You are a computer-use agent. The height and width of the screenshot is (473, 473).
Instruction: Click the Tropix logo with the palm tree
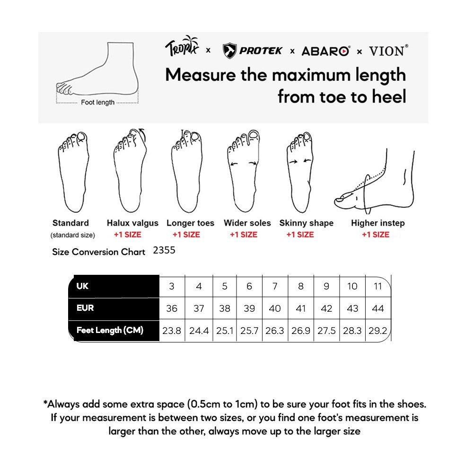(183, 47)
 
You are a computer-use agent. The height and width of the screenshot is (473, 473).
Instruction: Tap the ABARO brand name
(325, 51)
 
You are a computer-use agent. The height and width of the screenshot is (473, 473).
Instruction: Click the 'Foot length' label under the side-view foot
(97, 102)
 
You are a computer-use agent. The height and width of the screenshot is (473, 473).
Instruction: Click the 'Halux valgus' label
(132, 223)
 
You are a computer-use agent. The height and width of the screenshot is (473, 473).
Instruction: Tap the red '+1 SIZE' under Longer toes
(186, 235)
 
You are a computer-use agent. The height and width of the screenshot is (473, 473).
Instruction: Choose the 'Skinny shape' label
(306, 223)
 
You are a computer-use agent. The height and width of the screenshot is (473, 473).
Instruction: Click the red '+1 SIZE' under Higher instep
(376, 235)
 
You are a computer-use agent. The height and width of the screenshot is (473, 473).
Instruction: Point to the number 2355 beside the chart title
(164, 251)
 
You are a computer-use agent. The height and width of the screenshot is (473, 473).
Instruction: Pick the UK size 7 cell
(275, 286)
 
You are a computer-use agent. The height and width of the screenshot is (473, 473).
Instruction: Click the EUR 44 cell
(378, 308)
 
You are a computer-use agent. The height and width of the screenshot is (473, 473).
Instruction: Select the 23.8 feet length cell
(172, 331)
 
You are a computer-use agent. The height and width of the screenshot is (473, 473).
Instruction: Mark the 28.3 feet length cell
(352, 331)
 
